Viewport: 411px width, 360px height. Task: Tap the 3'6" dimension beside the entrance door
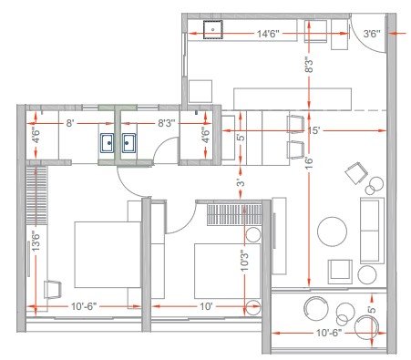[372, 34]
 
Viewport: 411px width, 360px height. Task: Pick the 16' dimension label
[310, 161]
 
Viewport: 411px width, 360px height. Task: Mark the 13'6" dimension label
[36, 242]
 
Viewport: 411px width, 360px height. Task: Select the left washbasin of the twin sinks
[108, 142]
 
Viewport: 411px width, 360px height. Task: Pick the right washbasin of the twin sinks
[128, 142]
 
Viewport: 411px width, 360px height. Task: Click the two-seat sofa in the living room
[370, 228]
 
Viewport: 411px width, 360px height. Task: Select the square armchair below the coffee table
[341, 269]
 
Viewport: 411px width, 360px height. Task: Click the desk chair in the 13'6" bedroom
[51, 289]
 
